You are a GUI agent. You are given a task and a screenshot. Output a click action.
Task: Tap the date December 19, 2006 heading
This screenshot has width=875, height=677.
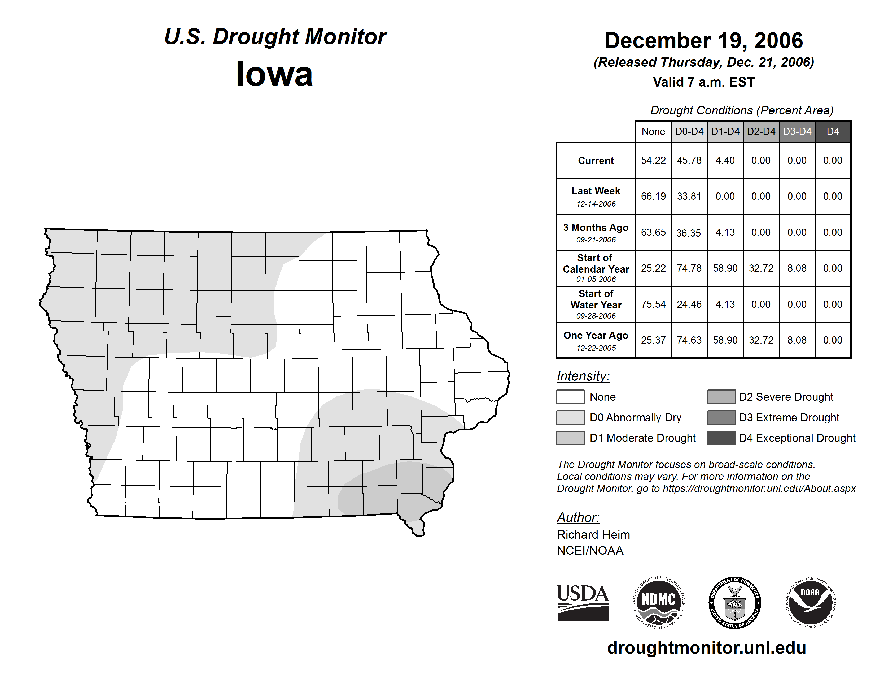703,41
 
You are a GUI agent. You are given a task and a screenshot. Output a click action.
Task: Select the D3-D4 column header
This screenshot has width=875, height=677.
797,131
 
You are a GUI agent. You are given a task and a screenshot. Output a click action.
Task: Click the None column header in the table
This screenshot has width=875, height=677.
653,131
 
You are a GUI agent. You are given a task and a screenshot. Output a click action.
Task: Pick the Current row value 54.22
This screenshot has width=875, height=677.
653,160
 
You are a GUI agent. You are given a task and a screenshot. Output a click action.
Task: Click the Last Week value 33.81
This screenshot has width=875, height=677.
689,196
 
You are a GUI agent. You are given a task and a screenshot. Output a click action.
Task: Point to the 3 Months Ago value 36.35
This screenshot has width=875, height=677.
688,233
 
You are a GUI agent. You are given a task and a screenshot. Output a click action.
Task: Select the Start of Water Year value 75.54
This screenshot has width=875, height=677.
653,305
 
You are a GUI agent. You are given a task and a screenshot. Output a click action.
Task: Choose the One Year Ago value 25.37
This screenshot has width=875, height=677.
653,340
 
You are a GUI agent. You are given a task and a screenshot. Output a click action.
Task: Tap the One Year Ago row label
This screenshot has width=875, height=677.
596,336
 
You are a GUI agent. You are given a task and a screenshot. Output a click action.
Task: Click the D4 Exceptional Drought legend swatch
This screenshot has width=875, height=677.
721,438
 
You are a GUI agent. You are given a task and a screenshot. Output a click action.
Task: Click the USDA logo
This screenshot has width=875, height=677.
583,602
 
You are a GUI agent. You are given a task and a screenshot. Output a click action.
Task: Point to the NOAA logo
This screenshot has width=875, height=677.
811,602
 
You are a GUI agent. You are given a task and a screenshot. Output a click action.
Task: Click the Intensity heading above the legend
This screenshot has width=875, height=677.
583,376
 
